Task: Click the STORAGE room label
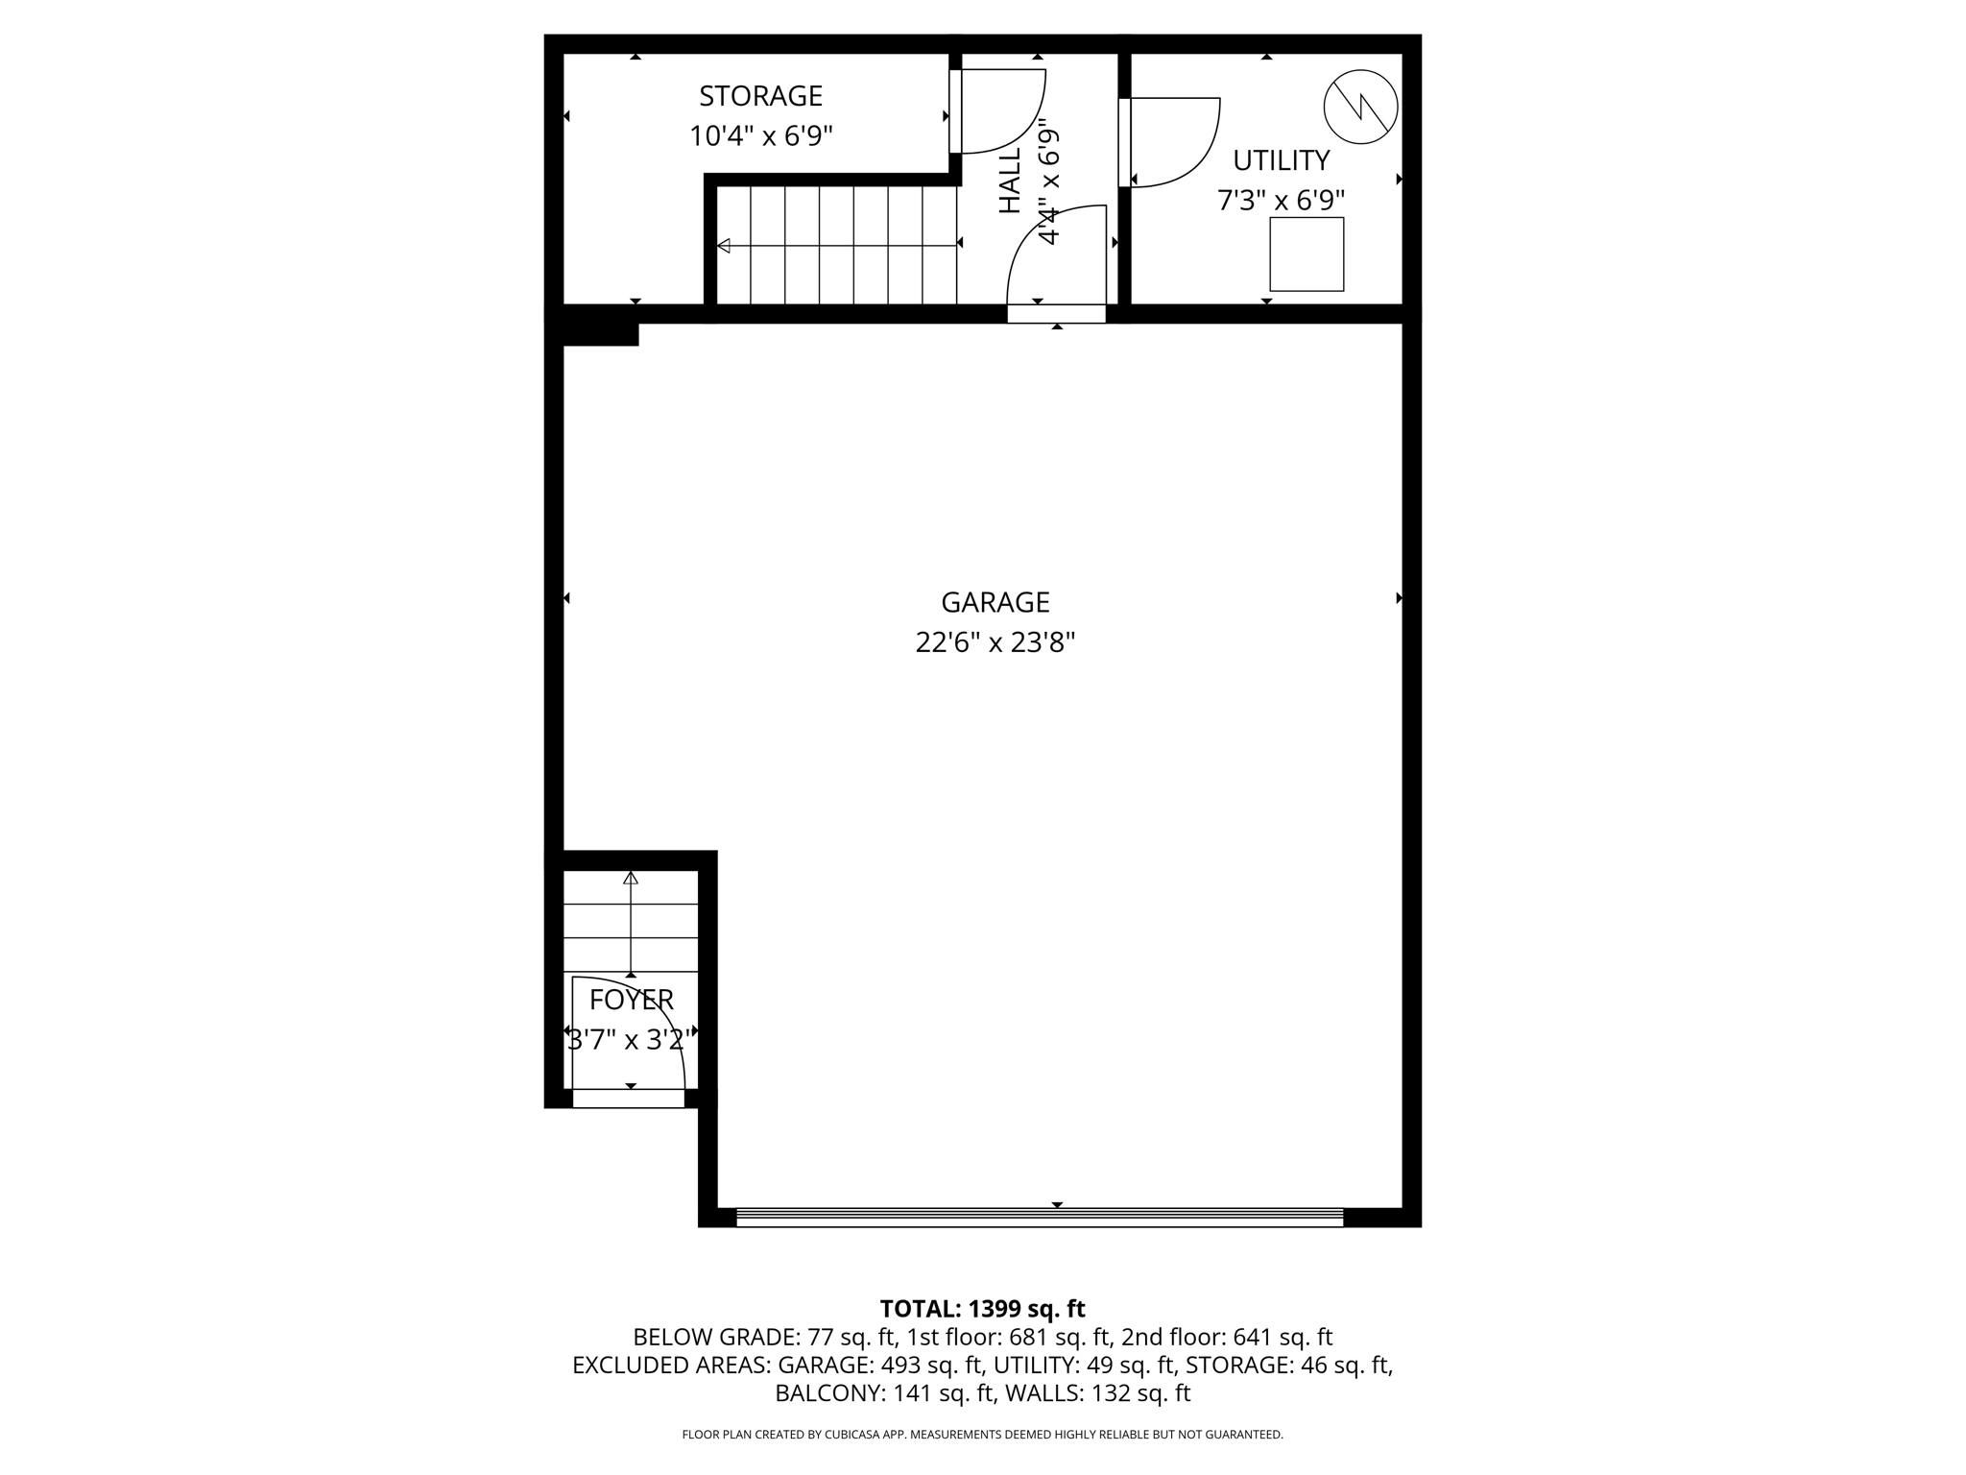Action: (760, 96)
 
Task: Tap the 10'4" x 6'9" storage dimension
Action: (760, 136)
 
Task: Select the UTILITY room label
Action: (1281, 160)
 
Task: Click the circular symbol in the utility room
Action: (1360, 107)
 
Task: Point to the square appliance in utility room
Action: (1307, 254)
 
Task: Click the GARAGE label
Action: (995, 602)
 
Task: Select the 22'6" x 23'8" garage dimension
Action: (995, 642)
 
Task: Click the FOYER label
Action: (631, 1000)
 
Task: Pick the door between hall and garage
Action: (1056, 259)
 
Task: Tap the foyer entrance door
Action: (628, 1042)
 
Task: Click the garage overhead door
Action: (1039, 1217)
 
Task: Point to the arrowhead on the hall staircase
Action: (724, 246)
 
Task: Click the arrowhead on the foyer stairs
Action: (631, 878)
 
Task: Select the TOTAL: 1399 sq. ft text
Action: (982, 1309)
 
